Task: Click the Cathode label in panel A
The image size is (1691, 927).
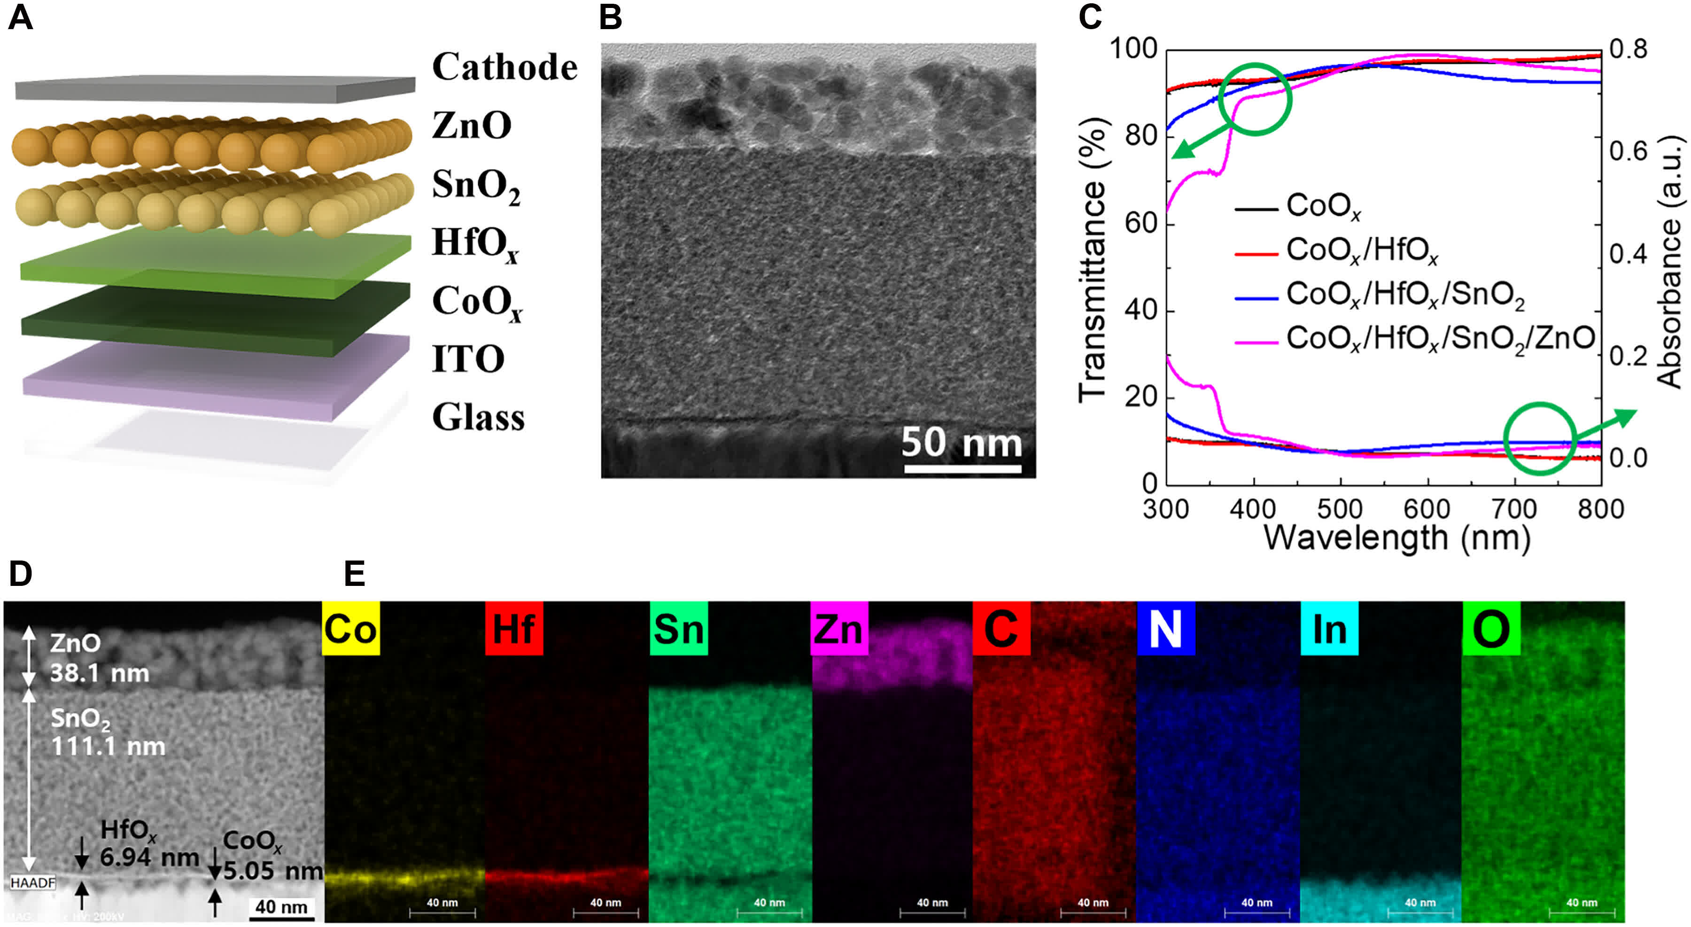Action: [x=504, y=67]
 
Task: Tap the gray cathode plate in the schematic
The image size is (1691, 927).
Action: [x=215, y=89]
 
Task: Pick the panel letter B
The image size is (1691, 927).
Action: [x=611, y=18]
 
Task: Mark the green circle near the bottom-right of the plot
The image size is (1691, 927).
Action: [x=1539, y=438]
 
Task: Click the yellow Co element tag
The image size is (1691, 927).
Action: [x=350, y=629]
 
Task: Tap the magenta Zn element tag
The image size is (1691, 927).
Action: [x=839, y=629]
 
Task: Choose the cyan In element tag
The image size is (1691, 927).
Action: [x=1329, y=629]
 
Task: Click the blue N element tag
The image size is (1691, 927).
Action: [x=1165, y=629]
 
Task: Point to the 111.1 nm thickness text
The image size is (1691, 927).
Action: [x=109, y=747]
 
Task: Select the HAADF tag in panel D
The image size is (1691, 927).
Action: [x=33, y=883]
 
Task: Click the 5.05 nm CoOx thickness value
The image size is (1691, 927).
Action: [x=272, y=871]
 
